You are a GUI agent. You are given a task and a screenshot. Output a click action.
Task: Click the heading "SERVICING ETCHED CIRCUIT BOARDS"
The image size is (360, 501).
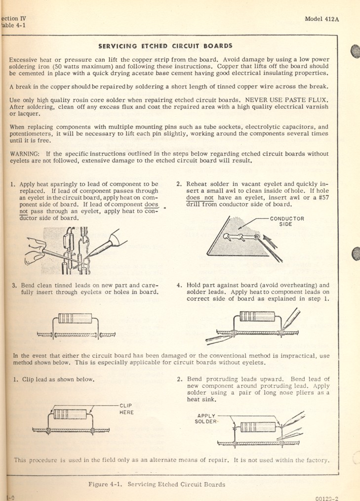[165, 46]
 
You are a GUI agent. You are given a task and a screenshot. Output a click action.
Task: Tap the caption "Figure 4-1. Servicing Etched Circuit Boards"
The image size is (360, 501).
[157, 484]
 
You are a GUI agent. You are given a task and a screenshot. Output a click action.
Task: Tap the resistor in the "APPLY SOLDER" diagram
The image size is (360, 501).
[257, 425]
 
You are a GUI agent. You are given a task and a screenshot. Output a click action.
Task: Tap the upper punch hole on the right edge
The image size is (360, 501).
[355, 52]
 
